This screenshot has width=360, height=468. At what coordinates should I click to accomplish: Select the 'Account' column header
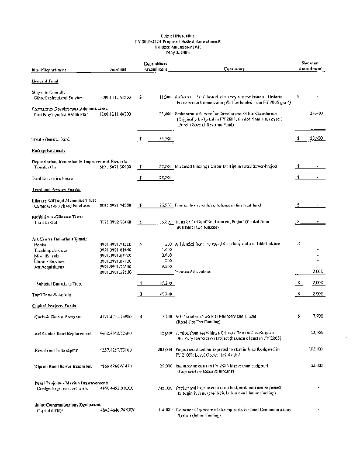[119, 70]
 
